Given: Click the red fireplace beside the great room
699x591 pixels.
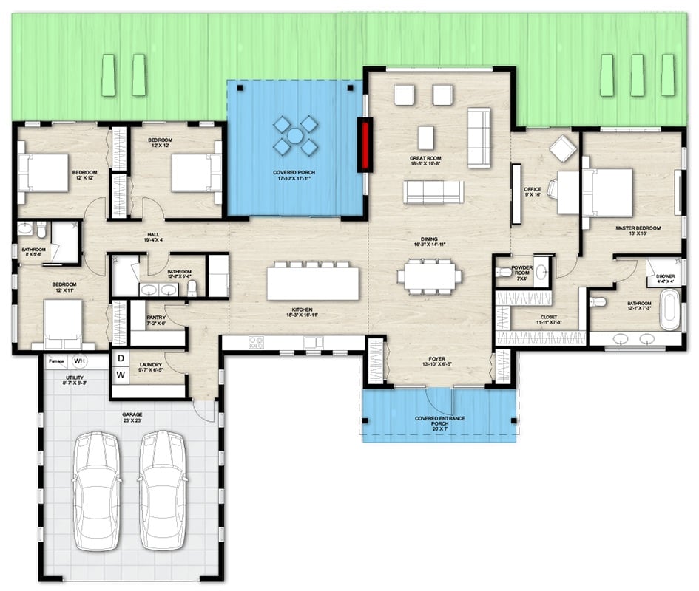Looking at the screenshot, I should click(365, 145).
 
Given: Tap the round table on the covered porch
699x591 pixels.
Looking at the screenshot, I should click(294, 136).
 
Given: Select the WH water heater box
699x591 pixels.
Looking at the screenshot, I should click(80, 361).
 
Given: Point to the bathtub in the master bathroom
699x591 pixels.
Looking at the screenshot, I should click(669, 310).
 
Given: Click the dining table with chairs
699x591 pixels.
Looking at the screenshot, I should click(429, 276).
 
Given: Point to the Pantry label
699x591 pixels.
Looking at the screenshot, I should click(155, 317).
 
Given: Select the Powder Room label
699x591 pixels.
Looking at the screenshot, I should click(521, 270).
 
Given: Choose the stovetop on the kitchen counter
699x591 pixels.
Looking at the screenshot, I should click(257, 342).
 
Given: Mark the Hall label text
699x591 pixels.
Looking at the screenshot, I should click(154, 234).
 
